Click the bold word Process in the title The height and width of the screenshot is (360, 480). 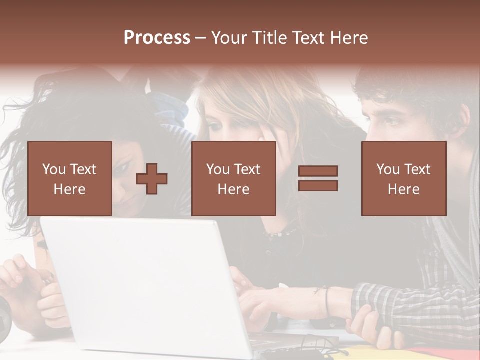pyautogui.click(x=157, y=38)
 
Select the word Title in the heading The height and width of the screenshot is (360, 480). pyautogui.click(x=270, y=38)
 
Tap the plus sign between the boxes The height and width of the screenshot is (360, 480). pyautogui.click(x=152, y=179)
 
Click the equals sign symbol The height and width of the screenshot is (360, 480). pyautogui.click(x=318, y=178)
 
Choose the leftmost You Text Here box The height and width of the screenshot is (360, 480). pyautogui.click(x=70, y=178)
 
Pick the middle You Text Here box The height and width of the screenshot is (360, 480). pyautogui.click(x=233, y=178)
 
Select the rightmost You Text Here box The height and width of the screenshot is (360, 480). pyautogui.click(x=404, y=178)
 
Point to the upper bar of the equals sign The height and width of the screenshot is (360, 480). pyautogui.click(x=318, y=171)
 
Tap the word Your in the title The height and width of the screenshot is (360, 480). pyautogui.click(x=228, y=38)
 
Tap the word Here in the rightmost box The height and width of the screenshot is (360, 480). pyautogui.click(x=404, y=189)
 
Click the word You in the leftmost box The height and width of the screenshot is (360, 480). pyautogui.click(x=53, y=169)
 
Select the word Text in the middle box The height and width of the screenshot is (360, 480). pyautogui.click(x=247, y=169)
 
